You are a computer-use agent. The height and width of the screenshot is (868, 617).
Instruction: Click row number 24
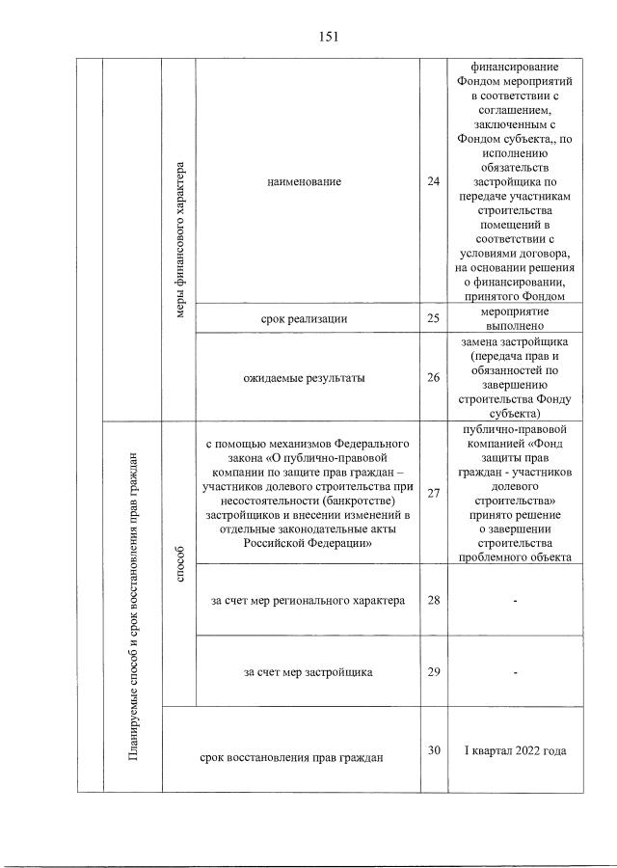coord(433,180)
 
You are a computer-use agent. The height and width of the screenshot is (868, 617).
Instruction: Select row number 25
coord(433,318)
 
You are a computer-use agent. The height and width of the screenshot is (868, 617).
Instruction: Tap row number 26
coord(433,378)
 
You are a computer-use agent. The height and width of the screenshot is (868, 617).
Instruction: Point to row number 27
coord(433,494)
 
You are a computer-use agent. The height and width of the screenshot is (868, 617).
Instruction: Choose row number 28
coord(433,601)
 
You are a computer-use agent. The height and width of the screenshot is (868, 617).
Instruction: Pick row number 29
coord(433,671)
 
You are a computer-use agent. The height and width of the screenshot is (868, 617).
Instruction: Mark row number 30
coord(433,749)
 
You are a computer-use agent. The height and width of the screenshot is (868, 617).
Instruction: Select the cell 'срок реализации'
coord(305,318)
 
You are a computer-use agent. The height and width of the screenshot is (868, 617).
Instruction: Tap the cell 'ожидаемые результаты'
coord(305,378)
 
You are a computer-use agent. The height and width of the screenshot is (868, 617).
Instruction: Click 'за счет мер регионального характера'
coord(308,601)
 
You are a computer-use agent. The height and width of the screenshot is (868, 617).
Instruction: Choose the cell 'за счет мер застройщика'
coord(308,671)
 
